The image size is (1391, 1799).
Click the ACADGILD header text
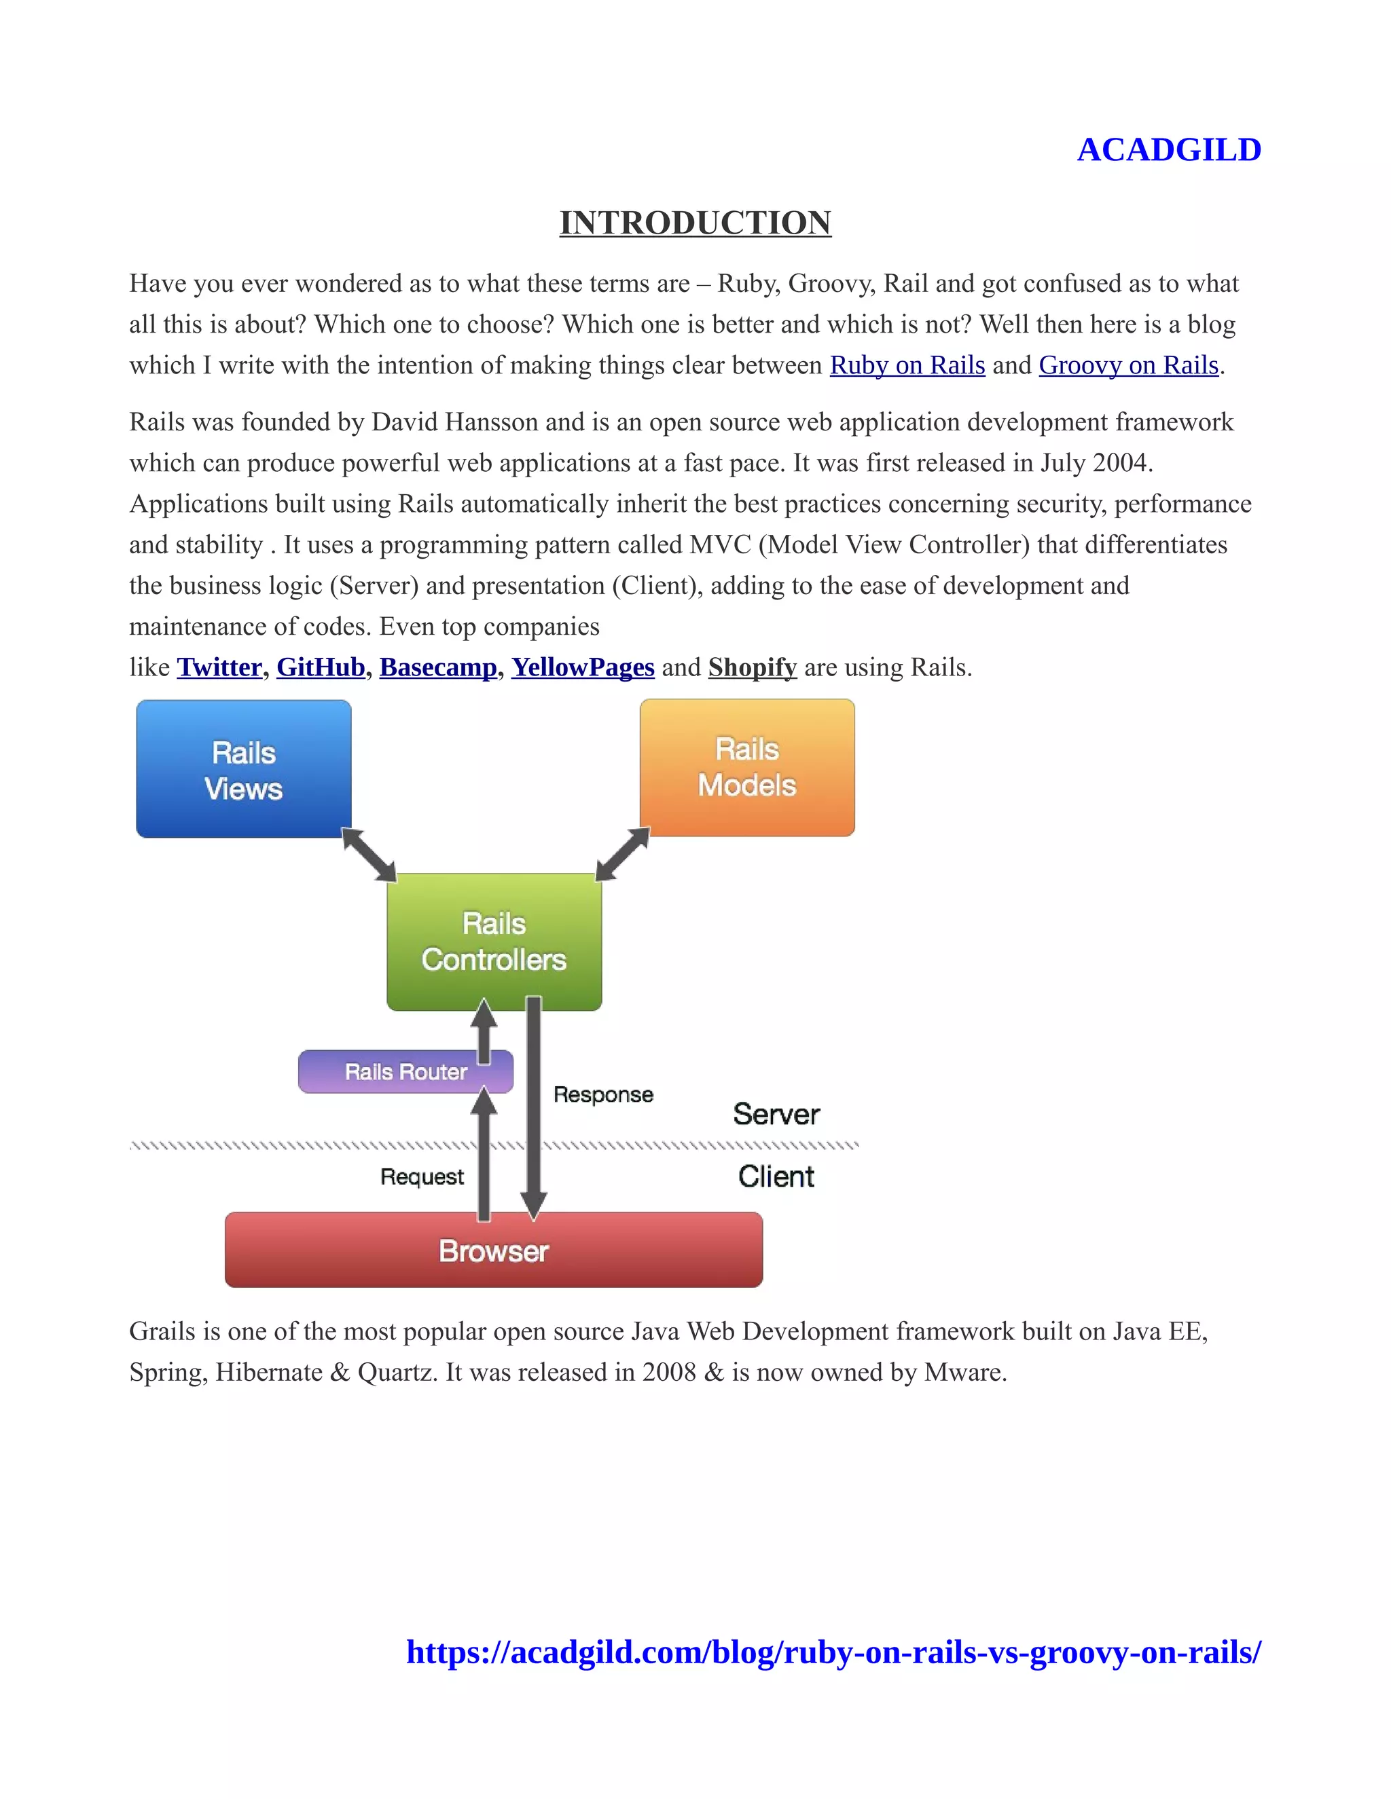1168,150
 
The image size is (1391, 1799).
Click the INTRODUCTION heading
695,223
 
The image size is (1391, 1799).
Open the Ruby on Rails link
907,365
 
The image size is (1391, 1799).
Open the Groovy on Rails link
1128,365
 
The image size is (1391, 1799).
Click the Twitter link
219,667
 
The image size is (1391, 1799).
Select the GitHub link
321,667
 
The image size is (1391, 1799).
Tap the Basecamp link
437,667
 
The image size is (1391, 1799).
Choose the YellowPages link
583,667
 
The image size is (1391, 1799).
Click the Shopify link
752,667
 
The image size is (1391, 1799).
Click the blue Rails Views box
243,768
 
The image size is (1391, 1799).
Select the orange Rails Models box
746,767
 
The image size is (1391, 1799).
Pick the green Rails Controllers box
494,942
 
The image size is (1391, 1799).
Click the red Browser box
493,1250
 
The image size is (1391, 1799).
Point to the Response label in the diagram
603,1095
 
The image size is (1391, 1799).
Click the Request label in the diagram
422,1176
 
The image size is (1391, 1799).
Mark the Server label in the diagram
776,1115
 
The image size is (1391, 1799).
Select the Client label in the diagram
776,1176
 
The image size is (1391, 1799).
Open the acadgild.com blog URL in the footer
833,1652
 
